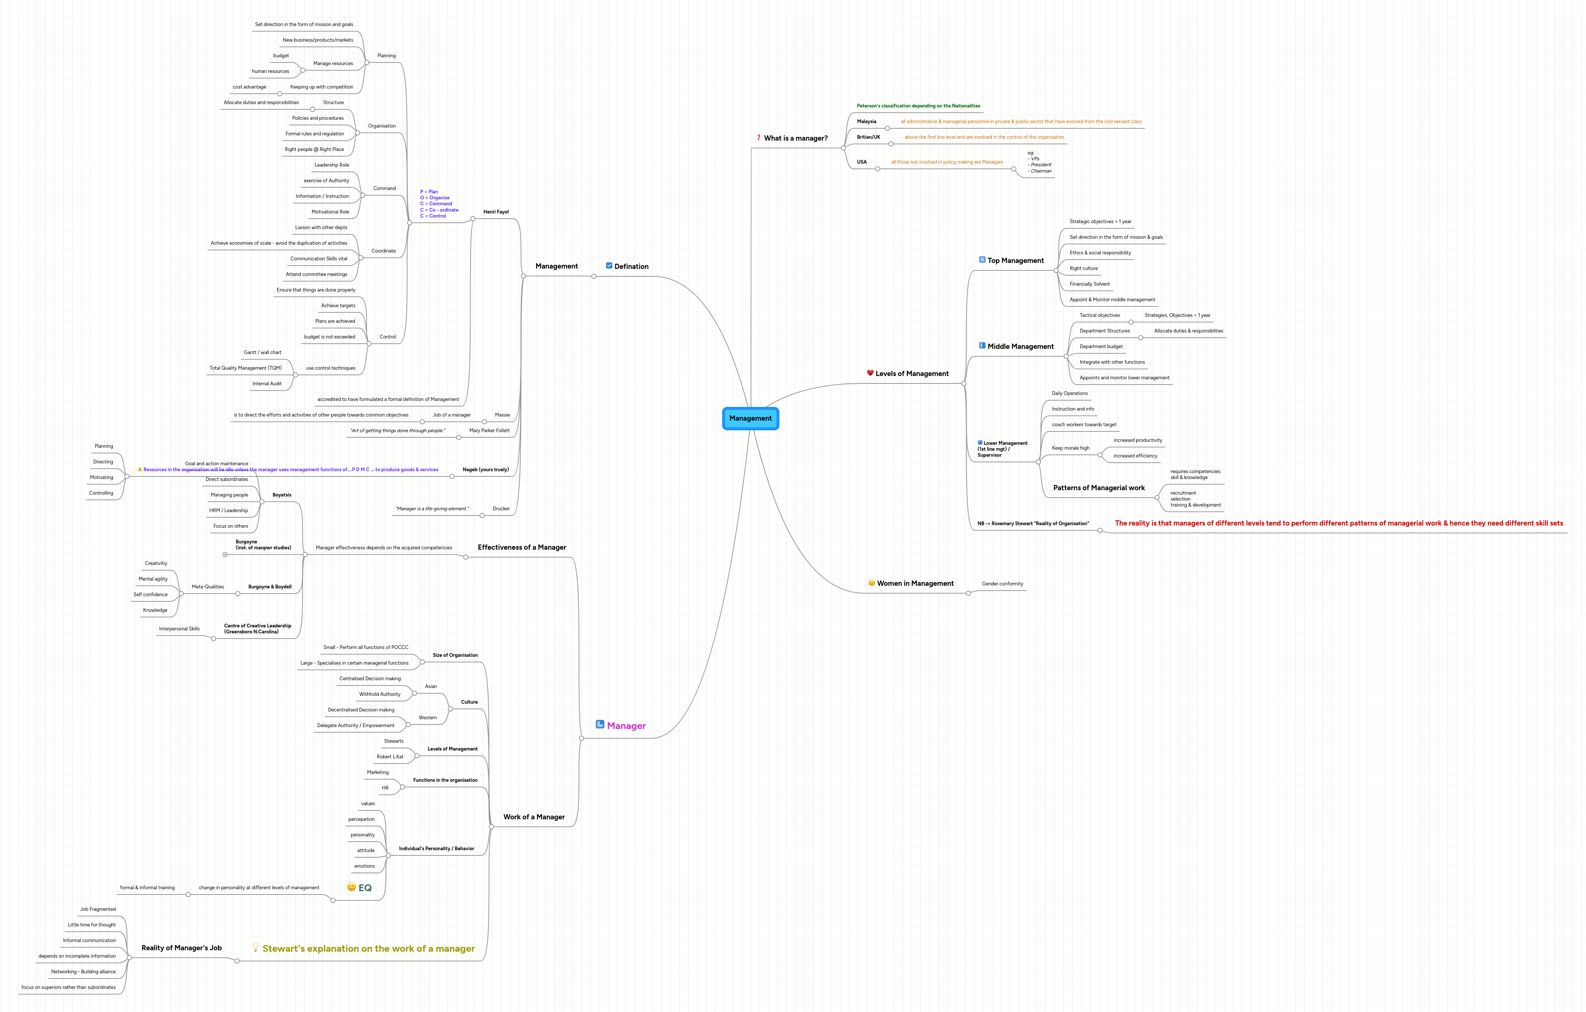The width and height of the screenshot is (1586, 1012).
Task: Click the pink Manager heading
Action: (626, 726)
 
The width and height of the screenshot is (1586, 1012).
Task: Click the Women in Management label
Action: (915, 584)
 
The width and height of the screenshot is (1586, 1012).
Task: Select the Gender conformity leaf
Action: (1002, 584)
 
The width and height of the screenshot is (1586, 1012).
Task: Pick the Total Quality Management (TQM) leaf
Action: (245, 368)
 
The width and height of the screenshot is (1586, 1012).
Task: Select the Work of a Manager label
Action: (534, 817)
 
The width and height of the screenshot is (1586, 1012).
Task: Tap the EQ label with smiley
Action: (360, 887)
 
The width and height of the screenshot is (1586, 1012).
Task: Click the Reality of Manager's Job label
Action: (181, 948)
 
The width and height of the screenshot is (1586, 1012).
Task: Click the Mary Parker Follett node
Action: (489, 431)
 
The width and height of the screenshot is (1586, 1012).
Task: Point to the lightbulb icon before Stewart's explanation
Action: (256, 948)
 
